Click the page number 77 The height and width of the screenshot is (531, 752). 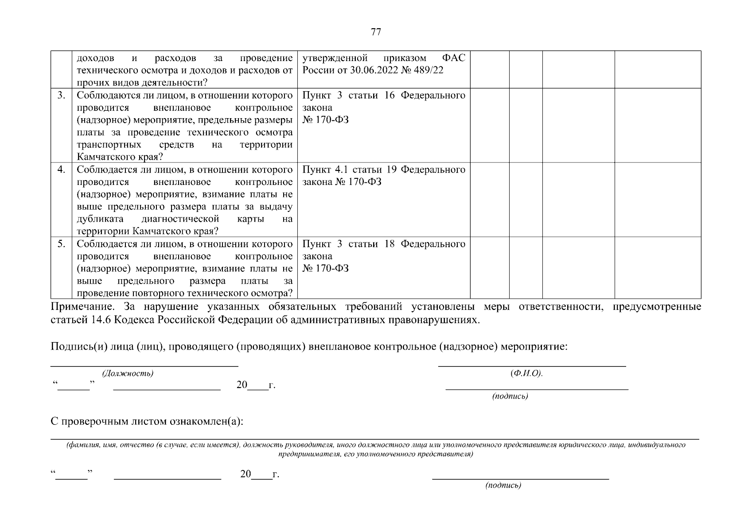375,32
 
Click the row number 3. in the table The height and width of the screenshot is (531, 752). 62,95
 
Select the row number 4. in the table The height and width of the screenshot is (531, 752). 62,169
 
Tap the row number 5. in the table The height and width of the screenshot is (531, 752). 62,244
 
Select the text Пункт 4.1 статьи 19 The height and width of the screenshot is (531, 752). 350,169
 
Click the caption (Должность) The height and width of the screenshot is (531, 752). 128,373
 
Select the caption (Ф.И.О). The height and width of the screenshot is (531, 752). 526,373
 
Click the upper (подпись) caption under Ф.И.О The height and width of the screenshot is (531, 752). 510,396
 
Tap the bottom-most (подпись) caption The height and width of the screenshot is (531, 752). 503,486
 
